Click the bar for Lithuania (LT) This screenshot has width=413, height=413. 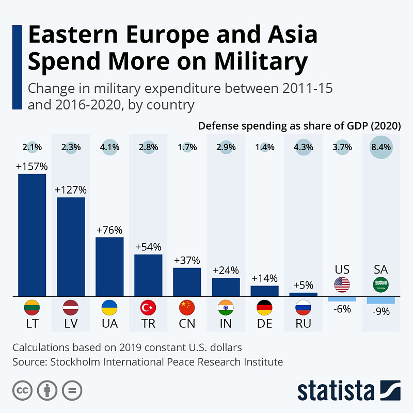point(32,235)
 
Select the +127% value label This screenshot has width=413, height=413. point(71,189)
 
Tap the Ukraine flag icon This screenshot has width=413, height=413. point(109,308)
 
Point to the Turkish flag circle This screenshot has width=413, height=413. point(148,308)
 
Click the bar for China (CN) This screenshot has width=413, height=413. point(187,282)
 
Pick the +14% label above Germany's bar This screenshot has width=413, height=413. point(264,278)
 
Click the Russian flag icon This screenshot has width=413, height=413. point(303,308)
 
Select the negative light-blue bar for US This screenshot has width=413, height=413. point(342,299)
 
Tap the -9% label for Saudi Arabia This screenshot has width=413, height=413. point(380,311)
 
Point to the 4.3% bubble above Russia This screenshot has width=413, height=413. point(303,147)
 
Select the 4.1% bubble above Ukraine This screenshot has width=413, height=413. point(109,147)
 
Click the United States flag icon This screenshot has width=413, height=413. point(342,284)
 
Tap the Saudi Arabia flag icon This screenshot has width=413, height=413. point(380,284)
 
